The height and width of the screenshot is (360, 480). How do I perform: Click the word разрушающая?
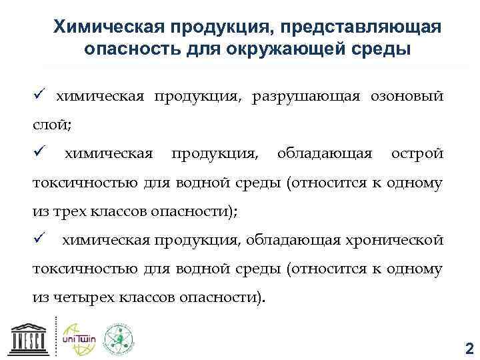[305, 97]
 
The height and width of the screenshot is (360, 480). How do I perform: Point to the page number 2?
[467, 347]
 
